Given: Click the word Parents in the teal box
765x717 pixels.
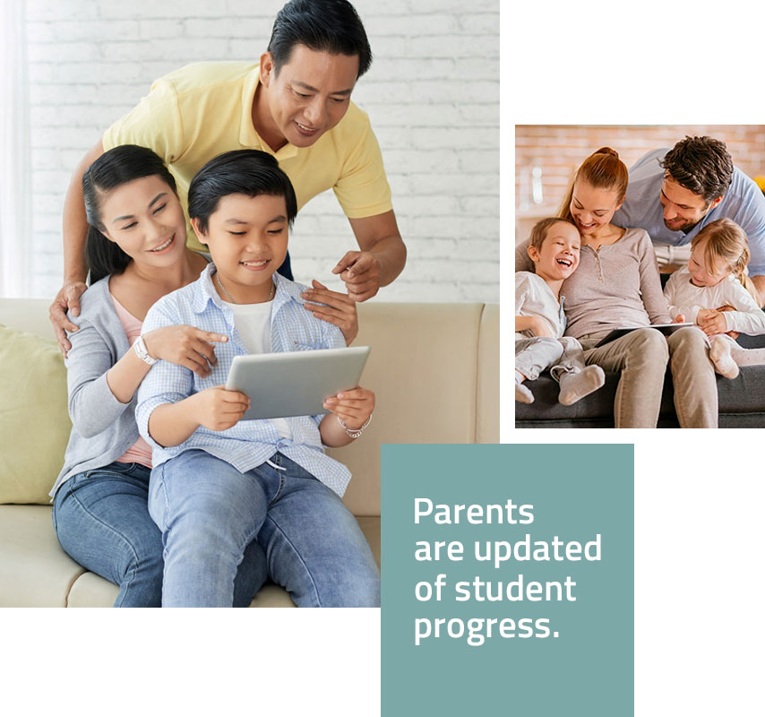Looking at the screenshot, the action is [x=474, y=511].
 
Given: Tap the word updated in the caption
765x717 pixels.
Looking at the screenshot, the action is [x=537, y=549].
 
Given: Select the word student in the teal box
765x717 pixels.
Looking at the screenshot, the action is [x=515, y=588].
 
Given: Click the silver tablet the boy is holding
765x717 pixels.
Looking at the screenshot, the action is [x=297, y=382].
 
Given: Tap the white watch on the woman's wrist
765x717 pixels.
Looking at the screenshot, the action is [x=144, y=350].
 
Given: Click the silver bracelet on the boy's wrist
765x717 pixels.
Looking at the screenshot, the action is [x=355, y=428].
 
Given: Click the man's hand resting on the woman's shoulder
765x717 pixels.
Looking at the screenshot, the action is [x=67, y=313].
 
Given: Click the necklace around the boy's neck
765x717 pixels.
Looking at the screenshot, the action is [x=244, y=293].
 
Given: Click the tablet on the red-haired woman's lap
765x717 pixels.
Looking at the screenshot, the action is [x=643, y=333].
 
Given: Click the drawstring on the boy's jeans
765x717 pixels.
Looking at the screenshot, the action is [x=275, y=462].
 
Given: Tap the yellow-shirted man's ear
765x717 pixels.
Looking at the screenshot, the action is [x=266, y=69].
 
